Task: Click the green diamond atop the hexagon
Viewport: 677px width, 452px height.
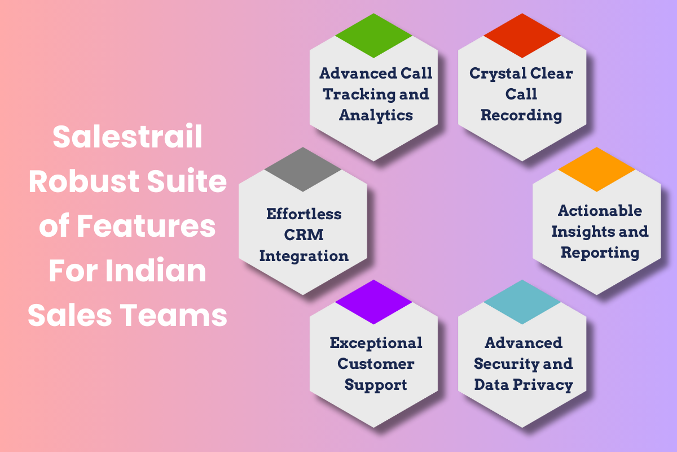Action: click(x=373, y=36)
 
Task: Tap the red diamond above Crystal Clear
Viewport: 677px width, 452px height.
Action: click(x=522, y=36)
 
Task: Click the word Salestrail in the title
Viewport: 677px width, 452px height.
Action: click(x=128, y=138)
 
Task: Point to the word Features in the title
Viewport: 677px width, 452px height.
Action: click(x=146, y=227)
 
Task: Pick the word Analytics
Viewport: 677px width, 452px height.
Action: click(x=376, y=115)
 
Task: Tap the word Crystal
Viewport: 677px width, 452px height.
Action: click(x=494, y=73)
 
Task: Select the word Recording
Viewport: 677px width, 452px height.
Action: click(x=521, y=116)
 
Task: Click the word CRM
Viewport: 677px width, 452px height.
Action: click(x=304, y=235)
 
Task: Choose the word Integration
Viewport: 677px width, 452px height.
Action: click(x=304, y=256)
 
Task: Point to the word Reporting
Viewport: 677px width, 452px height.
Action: click(x=600, y=252)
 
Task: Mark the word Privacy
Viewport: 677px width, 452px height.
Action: click(x=546, y=385)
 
